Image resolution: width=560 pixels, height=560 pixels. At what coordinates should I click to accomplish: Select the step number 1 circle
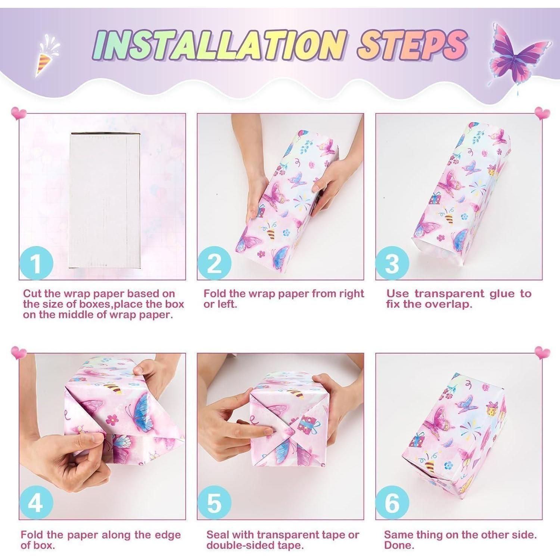pyautogui.click(x=36, y=263)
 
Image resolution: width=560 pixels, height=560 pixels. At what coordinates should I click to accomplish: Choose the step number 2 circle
pyautogui.click(x=214, y=263)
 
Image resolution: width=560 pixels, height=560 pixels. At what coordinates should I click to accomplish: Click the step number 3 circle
pyautogui.click(x=392, y=263)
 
